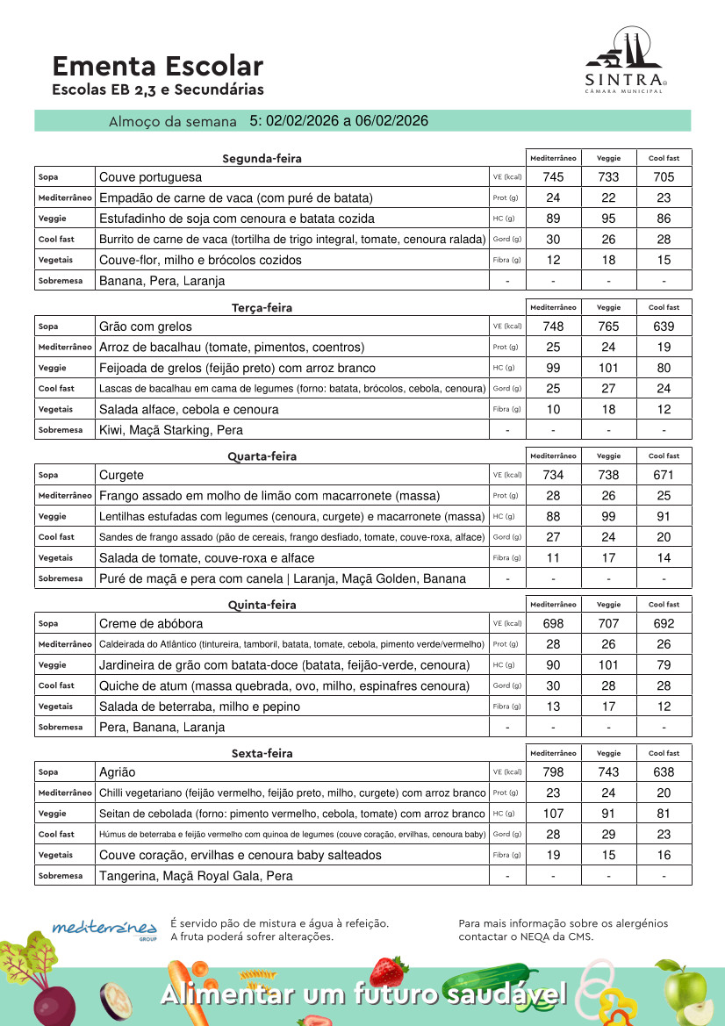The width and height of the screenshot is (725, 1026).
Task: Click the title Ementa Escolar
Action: (157, 66)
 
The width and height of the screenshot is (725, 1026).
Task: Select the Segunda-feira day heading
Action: (262, 159)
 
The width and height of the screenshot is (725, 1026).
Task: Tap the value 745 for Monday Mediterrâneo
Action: (553, 177)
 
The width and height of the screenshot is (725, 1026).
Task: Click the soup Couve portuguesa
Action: (150, 177)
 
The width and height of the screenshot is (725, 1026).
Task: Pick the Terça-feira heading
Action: (262, 308)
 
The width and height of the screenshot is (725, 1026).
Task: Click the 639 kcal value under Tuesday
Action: (664, 326)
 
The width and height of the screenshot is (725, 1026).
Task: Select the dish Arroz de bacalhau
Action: (231, 347)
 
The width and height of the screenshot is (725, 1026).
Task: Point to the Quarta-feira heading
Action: (262, 456)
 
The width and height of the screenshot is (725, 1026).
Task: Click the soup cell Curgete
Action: (121, 475)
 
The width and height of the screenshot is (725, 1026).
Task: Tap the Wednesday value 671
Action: (664, 475)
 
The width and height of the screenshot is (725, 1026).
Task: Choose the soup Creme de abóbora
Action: (150, 623)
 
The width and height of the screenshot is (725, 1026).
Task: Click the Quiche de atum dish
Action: (284, 685)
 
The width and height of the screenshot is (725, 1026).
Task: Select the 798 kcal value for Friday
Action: (553, 772)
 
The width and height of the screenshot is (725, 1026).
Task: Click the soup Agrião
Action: (117, 772)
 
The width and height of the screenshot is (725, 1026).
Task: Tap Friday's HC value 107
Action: (553, 814)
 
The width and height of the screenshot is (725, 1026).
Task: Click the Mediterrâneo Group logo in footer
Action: (104, 929)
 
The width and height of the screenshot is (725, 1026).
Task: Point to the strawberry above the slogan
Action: (388, 970)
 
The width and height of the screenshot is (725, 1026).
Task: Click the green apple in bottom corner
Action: (686, 992)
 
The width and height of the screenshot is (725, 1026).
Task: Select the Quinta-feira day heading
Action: (262, 605)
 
